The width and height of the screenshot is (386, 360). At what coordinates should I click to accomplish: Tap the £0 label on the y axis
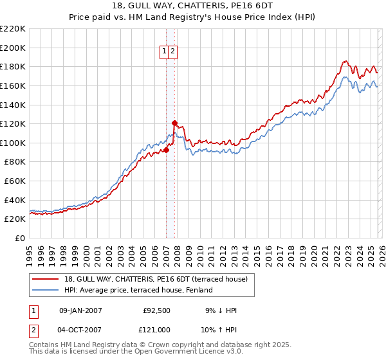pos(19,239)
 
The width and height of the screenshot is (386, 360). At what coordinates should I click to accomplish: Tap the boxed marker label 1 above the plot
pos(164,53)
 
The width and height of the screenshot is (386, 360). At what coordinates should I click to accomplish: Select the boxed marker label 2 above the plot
pos(173,53)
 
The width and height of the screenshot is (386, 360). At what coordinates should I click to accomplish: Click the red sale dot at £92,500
pos(166,150)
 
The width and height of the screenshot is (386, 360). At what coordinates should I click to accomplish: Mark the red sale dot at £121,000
pos(174,123)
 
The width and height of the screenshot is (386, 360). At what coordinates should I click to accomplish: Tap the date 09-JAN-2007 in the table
pos(80,310)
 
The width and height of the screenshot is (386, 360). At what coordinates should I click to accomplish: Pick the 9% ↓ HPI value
pos(220,310)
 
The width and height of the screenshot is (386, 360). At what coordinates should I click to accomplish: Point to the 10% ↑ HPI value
pos(220,329)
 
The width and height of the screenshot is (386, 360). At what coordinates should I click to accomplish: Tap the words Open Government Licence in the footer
pos(174,352)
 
